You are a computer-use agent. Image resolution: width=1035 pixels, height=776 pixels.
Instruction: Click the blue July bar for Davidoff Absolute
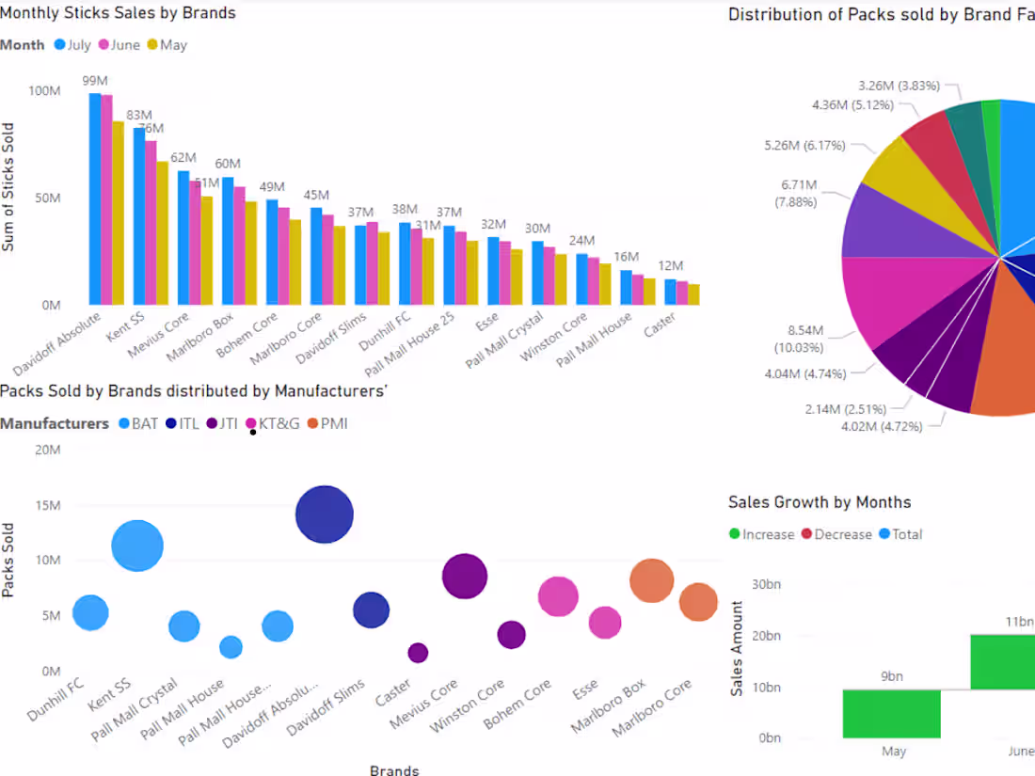tap(95, 198)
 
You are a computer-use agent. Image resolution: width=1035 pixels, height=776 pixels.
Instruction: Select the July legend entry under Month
tap(72, 45)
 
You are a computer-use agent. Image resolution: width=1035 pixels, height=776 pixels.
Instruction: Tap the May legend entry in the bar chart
tap(167, 45)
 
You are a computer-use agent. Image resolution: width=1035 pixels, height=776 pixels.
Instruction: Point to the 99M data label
tap(94, 81)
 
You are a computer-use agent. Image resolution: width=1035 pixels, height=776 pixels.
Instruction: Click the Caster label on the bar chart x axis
tap(659, 326)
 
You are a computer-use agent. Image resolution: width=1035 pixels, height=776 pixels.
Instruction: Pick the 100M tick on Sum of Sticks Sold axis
tap(44, 91)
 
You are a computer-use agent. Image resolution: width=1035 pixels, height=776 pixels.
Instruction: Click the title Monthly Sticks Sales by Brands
tap(119, 13)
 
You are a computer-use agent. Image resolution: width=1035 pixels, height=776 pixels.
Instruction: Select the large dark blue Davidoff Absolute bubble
tap(324, 515)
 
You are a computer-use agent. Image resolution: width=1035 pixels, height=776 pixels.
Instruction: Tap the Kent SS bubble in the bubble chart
tap(137, 546)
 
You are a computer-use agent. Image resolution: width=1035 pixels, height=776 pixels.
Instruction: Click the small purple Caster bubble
tap(418, 652)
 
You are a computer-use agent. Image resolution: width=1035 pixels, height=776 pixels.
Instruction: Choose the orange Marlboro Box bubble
tap(651, 580)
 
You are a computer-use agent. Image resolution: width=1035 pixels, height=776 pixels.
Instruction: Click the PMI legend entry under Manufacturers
tap(326, 424)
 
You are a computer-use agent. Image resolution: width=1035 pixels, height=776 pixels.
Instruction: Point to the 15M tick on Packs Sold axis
tap(46, 505)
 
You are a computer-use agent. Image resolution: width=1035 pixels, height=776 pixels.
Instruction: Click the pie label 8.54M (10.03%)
tap(805, 340)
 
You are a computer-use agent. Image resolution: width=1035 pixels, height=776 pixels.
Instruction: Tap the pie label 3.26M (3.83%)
tap(899, 86)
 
